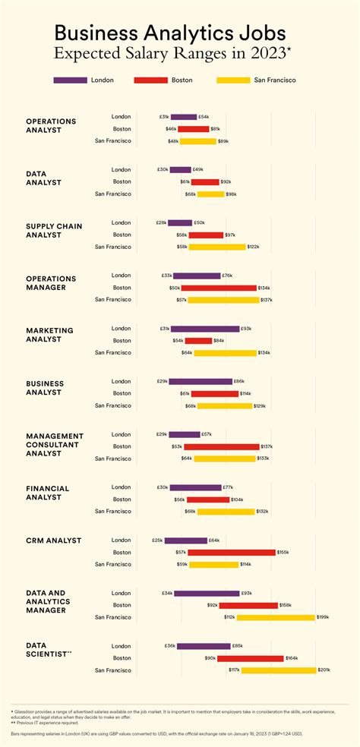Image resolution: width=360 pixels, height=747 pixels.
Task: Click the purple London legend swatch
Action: pyautogui.click(x=70, y=80)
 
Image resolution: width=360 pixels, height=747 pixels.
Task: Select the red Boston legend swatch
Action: pyautogui.click(x=150, y=80)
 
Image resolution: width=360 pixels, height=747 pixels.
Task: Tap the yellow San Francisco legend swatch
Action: pyautogui.click(x=233, y=80)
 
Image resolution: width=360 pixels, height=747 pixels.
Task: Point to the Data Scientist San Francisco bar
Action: pyautogui.click(x=278, y=670)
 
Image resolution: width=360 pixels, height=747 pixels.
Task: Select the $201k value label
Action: pyautogui.click(x=324, y=670)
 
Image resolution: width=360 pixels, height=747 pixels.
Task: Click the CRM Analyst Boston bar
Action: pyautogui.click(x=232, y=552)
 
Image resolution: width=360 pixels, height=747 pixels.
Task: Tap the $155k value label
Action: pyautogui.click(x=283, y=552)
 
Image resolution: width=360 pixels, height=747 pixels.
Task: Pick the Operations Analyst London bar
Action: pyautogui.click(x=183, y=117)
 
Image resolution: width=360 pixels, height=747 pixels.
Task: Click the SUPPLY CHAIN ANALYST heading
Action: pyautogui.click(x=54, y=231)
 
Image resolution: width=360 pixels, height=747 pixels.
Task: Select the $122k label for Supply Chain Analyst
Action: pyautogui.click(x=254, y=247)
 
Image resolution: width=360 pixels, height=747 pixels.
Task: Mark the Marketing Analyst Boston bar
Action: pyautogui.click(x=198, y=341)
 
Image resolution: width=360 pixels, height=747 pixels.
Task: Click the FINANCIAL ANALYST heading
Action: pyautogui.click(x=47, y=493)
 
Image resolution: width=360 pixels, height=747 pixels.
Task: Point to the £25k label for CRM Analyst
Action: pyautogui.click(x=158, y=541)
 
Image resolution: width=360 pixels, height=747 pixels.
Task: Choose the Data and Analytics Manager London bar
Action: pyautogui.click(x=207, y=593)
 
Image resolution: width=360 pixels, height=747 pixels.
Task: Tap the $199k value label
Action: pyautogui.click(x=323, y=617)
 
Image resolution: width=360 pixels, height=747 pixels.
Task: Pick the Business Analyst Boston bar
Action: pyautogui.click(x=214, y=393)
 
